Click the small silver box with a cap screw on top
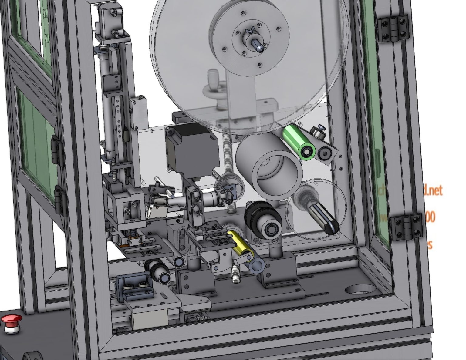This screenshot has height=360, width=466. pos(139,112)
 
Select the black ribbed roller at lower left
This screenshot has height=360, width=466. pos(159,271)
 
